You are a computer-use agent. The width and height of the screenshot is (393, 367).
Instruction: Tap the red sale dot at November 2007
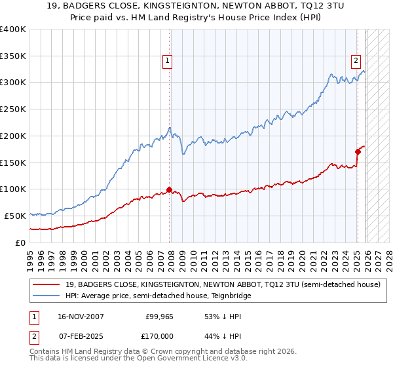tap(170, 189)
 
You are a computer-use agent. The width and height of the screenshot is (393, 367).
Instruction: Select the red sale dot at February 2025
tap(358, 151)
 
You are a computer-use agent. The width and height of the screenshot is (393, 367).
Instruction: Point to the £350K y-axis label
tap(13, 56)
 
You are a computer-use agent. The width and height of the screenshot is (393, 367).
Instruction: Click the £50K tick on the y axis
tap(16, 216)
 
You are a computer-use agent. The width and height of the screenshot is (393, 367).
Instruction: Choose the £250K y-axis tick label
tap(13, 109)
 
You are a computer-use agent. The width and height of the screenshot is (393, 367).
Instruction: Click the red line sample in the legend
tap(48, 284)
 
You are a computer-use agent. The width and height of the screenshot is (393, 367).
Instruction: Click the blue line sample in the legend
tap(48, 296)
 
